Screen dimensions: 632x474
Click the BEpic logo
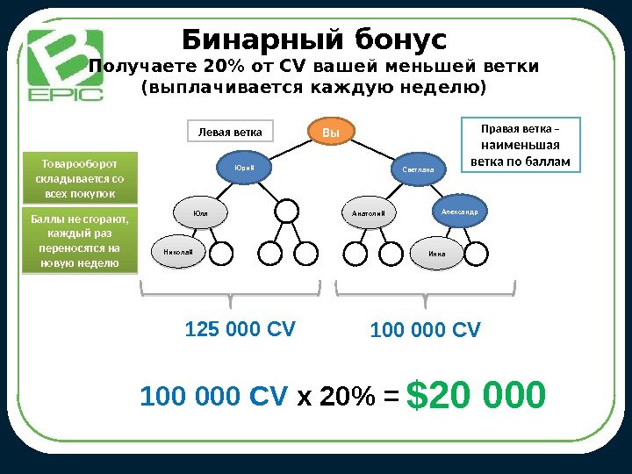click(x=65, y=65)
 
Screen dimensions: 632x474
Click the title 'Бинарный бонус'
click(x=314, y=40)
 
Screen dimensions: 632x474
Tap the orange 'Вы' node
click(x=331, y=133)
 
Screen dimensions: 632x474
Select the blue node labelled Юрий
click(x=243, y=168)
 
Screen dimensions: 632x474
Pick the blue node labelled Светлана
click(x=418, y=168)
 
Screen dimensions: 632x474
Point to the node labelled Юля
click(x=200, y=212)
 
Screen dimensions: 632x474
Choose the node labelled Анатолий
click(x=369, y=213)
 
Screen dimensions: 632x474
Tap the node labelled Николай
click(x=178, y=253)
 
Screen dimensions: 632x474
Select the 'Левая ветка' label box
click(x=230, y=133)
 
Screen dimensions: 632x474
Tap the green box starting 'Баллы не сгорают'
click(x=80, y=241)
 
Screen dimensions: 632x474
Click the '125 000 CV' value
click(x=241, y=329)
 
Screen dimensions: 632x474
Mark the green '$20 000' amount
click(x=481, y=397)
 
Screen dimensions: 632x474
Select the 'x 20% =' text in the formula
click(x=348, y=399)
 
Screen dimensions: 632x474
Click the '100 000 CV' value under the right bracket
click(x=426, y=330)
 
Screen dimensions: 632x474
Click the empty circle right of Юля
click(x=286, y=212)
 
